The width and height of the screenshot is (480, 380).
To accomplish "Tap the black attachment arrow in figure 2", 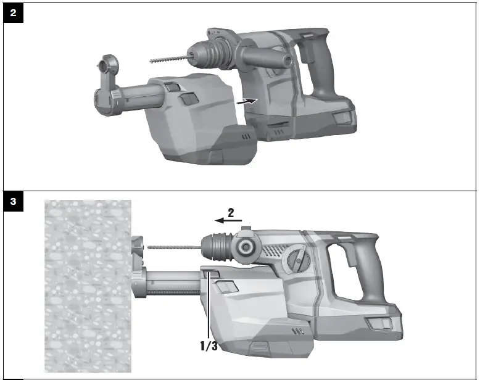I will point(248,101).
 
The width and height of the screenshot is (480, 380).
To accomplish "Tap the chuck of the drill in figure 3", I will point(216,247).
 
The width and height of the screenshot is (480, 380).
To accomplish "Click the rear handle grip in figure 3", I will point(364,271).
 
